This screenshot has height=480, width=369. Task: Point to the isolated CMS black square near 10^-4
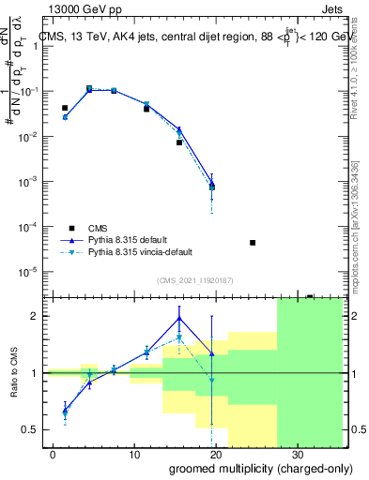(253, 243)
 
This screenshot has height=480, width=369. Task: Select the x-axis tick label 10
(133, 453)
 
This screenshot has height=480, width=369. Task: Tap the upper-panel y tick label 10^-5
(31, 272)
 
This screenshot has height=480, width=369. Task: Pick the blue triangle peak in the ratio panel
(179, 319)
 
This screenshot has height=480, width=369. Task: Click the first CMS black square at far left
(65, 109)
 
